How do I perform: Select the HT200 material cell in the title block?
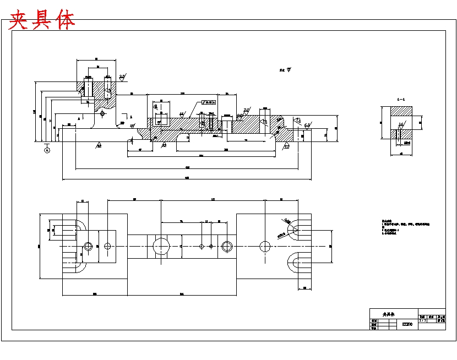point(407,325)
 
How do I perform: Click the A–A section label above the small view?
point(401,99)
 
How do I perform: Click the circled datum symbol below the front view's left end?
point(47,150)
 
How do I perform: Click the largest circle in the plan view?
point(161,246)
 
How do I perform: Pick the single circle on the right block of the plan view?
point(265,246)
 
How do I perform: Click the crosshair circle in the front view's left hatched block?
point(102,113)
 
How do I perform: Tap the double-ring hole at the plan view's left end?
point(88,246)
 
